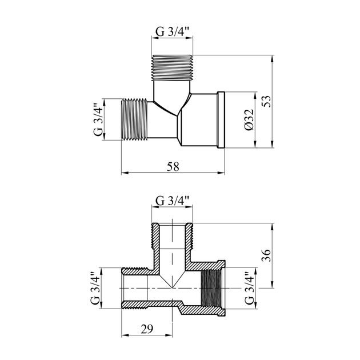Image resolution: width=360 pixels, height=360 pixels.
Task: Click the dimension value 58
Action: [173, 166]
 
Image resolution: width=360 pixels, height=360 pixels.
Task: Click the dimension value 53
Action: [266, 101]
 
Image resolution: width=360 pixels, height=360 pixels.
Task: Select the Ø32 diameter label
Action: [249, 119]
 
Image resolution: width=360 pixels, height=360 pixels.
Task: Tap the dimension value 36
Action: [266, 255]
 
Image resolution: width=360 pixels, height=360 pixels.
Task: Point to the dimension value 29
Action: [147, 329]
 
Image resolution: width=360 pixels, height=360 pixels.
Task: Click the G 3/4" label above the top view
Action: [172, 31]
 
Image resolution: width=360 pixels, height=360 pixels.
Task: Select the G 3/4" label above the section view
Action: [172, 201]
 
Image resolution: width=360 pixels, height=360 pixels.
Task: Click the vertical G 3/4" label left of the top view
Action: [98, 119]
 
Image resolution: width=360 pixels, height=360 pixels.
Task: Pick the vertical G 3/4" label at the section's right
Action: [249, 288]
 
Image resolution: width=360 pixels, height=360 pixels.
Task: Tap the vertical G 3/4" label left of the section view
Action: [95, 288]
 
